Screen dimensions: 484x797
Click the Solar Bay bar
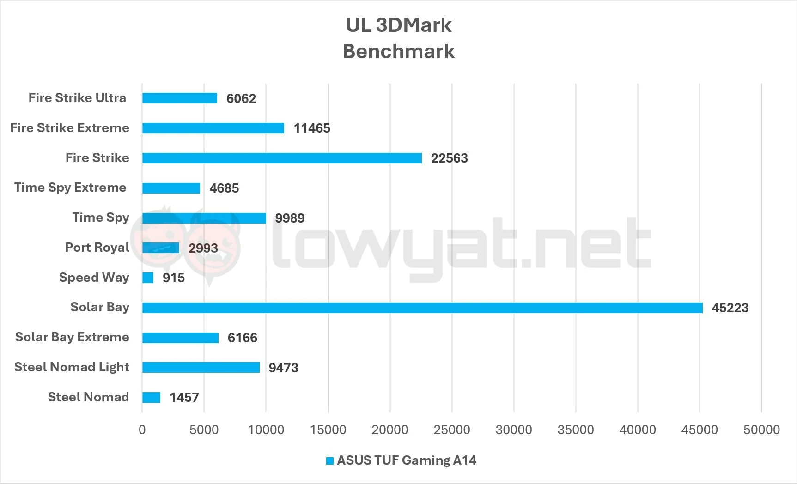(422, 308)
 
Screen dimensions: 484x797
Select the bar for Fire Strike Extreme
(213, 128)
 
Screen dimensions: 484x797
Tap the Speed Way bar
(148, 278)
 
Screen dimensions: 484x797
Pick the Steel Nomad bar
(151, 397)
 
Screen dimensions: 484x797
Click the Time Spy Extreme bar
(171, 188)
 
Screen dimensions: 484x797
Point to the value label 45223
(730, 308)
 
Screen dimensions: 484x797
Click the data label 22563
(449, 158)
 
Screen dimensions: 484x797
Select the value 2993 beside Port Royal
(203, 248)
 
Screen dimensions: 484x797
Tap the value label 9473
(283, 368)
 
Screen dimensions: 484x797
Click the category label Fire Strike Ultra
(77, 98)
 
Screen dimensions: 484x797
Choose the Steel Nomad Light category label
(72, 367)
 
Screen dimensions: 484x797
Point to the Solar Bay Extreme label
(72, 337)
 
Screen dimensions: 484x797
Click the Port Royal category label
(97, 248)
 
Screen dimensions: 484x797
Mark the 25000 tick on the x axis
(451, 430)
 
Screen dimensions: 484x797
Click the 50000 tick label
(761, 430)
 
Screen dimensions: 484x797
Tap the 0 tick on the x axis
(142, 430)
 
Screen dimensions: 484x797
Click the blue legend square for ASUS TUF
(330, 461)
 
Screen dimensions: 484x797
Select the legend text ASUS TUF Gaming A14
(407, 460)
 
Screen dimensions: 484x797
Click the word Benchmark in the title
(399, 51)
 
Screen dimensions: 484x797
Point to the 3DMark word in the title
(414, 25)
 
